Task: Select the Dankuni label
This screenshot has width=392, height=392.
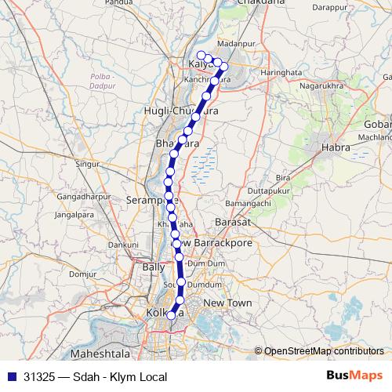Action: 122,245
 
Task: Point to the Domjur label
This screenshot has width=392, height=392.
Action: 82,274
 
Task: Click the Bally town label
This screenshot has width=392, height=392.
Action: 154,267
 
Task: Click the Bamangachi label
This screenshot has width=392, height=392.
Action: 230,203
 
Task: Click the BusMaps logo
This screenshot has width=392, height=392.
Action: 355,376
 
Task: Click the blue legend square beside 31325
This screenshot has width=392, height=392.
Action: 11,376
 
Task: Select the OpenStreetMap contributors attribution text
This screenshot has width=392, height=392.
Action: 323,350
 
